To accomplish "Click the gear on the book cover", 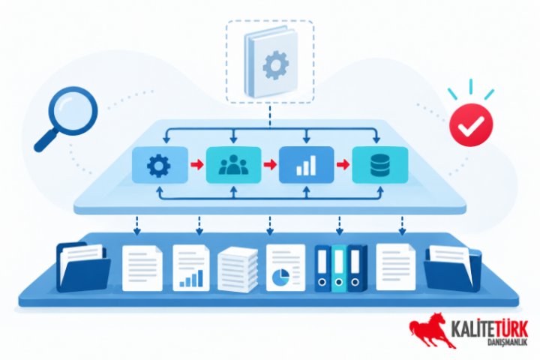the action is click(x=275, y=64).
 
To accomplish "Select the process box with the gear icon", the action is click(x=160, y=165).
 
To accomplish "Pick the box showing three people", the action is click(x=233, y=165).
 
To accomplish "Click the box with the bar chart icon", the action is click(x=306, y=165).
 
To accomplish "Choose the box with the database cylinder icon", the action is click(x=379, y=165).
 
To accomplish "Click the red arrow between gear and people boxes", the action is click(x=197, y=164).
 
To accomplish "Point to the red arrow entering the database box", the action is click(x=343, y=164).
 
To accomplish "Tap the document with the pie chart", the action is click(x=286, y=267).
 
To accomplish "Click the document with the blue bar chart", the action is click(x=190, y=267).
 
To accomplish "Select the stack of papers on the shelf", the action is click(x=238, y=270).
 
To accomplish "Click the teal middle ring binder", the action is click(x=339, y=268).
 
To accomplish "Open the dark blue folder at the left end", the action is click(x=82, y=267).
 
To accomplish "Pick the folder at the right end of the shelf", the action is click(x=453, y=268).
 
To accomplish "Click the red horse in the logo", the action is click(x=431, y=330).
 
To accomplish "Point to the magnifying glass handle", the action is click(x=46, y=139).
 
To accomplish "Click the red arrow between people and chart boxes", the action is click(x=270, y=164).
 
